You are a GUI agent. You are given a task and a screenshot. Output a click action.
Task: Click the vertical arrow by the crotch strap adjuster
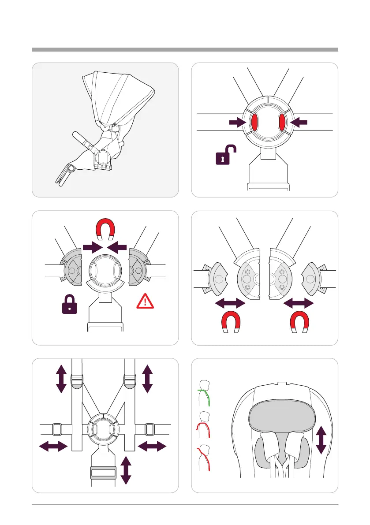coord(127,470)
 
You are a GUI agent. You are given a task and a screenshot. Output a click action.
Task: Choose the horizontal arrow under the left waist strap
coord(53,447)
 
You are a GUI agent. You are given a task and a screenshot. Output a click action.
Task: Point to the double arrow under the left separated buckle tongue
coord(229,303)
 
